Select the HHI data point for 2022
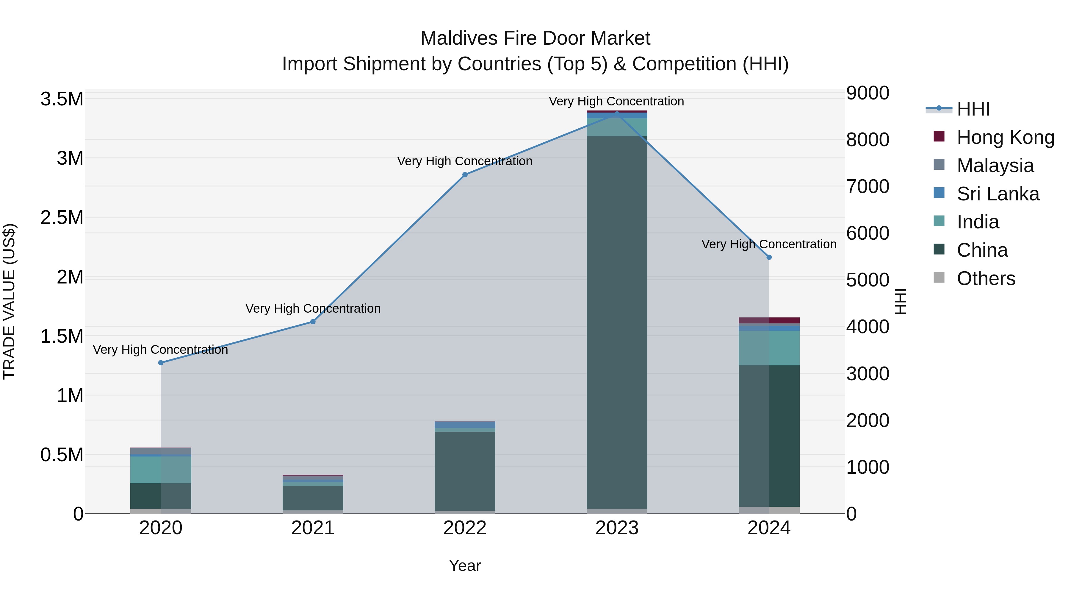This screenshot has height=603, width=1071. (465, 175)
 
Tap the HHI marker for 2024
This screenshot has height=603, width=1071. (769, 257)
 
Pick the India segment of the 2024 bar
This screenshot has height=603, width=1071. (769, 348)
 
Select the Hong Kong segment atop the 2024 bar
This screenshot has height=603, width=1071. (769, 320)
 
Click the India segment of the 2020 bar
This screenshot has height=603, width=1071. (161, 470)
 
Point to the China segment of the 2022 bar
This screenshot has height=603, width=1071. (465, 470)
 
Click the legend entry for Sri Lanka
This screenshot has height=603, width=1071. (998, 194)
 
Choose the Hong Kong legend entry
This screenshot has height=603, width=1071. (1005, 137)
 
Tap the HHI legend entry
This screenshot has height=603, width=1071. (973, 109)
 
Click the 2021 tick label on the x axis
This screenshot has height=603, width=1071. (313, 528)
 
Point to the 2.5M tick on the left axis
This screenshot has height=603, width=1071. (62, 218)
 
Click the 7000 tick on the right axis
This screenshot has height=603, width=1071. (868, 186)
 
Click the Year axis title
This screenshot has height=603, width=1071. (465, 565)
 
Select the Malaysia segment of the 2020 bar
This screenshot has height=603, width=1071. (161, 451)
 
